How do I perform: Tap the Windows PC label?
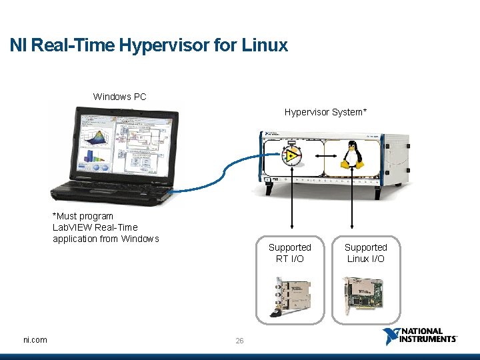(119, 97)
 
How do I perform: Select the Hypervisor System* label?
(325, 112)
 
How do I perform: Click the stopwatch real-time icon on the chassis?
(292, 155)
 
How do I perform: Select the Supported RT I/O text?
(289, 253)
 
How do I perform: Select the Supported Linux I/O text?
(365, 253)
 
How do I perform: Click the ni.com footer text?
(35, 340)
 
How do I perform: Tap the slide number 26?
(239, 341)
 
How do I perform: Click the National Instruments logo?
(419, 336)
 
